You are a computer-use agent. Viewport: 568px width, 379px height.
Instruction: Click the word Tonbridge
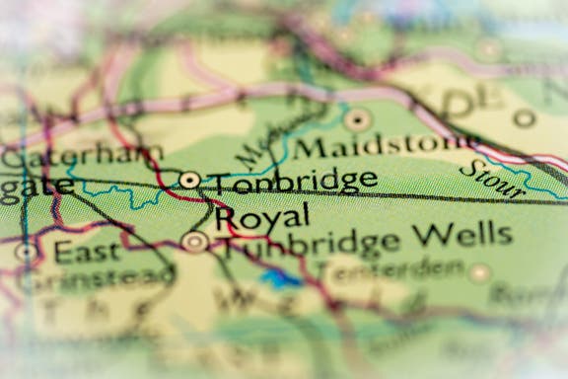point(294,181)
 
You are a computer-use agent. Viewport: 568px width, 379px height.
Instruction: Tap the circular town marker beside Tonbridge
point(189,179)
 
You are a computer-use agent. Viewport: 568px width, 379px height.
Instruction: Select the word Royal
point(261,215)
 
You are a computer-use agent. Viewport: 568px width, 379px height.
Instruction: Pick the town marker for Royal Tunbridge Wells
point(195,241)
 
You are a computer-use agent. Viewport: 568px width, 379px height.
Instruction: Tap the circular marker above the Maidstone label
point(358,120)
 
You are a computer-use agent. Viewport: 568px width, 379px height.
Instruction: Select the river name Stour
point(490,178)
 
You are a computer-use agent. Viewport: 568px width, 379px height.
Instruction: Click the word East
point(88,252)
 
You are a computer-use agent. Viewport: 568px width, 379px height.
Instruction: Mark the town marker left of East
point(26,252)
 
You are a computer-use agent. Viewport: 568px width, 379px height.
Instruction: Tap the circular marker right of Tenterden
point(480,272)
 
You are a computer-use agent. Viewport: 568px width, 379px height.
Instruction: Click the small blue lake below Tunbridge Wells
point(281,280)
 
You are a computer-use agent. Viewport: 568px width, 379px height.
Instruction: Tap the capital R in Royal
point(225,217)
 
